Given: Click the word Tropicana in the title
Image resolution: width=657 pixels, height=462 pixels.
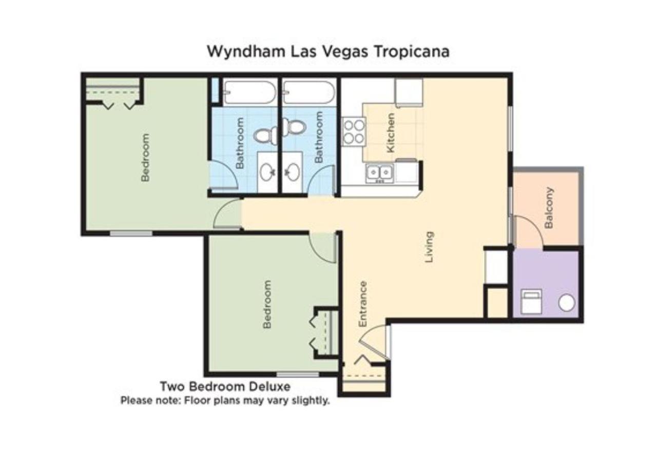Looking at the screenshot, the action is point(412,52).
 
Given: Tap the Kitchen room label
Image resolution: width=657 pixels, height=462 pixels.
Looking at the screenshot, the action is point(391,133).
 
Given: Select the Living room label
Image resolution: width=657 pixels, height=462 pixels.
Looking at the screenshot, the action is point(429,247).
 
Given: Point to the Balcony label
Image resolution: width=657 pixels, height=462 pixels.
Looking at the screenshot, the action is point(549,208).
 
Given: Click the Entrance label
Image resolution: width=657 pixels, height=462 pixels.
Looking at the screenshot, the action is point(363,304).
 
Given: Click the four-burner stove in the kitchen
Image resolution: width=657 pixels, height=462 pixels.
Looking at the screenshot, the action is point(354,131).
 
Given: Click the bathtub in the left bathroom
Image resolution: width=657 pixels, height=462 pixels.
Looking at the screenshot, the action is point(249,92).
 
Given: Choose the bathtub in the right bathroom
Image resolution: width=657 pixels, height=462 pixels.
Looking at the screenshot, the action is point(308,92).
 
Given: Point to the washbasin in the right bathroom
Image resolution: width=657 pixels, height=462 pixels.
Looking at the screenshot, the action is point(292,172).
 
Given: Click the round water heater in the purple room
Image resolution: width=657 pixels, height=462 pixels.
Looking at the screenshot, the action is point(566,303).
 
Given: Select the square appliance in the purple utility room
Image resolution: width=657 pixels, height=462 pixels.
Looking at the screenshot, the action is point(531,301).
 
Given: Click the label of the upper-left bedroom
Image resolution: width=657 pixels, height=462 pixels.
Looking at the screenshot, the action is point(145,158).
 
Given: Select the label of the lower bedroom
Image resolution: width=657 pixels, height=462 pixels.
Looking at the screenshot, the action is point(267,304).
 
